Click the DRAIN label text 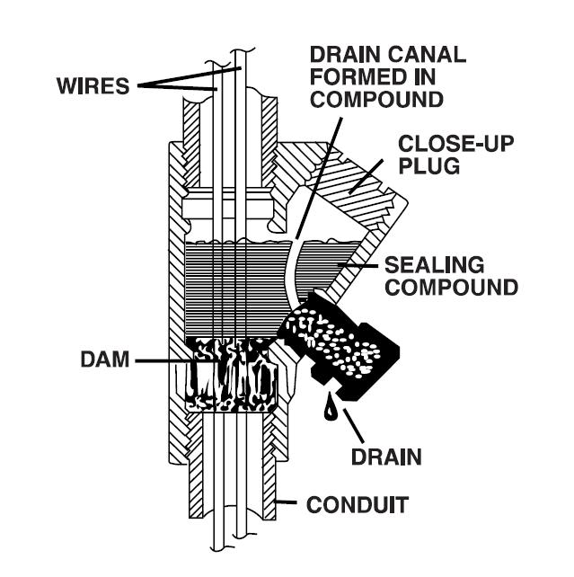[385, 457]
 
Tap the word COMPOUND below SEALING [451, 288]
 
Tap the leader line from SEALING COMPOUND [359, 267]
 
